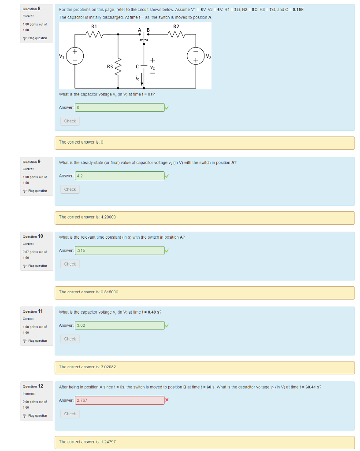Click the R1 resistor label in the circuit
94,26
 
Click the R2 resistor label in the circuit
176,26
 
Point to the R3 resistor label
110,67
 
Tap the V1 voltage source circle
75,56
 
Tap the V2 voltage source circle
195,56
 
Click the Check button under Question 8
70,121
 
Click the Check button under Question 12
70,414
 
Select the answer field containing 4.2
120,176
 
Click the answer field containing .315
120,251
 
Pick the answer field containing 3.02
120,325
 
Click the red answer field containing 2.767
120,400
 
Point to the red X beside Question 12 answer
167,400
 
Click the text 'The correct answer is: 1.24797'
88,442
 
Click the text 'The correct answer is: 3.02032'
88,367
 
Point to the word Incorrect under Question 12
29,394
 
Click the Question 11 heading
33,311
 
